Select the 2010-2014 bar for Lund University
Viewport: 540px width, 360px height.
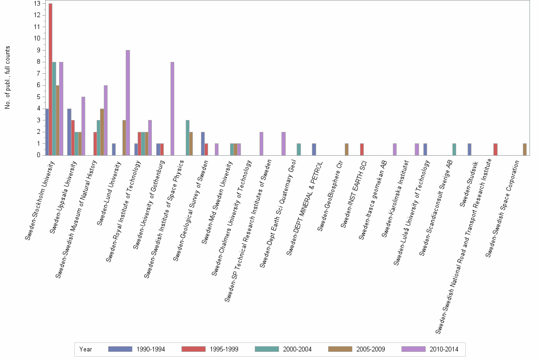(128, 102)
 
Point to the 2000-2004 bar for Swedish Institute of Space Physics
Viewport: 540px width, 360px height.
(188, 138)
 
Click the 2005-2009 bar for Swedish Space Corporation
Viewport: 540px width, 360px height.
(524, 150)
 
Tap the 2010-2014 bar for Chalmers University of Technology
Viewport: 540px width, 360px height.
(261, 143)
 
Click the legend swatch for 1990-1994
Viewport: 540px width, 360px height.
(119, 349)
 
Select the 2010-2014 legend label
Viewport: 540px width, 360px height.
(443, 349)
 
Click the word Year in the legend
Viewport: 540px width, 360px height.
(86, 349)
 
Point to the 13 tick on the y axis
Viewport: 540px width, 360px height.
(37, 3)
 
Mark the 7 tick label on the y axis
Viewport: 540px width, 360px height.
(38, 73)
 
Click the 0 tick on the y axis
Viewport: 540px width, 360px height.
(38, 155)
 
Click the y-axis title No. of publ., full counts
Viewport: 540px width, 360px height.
(8, 78)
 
